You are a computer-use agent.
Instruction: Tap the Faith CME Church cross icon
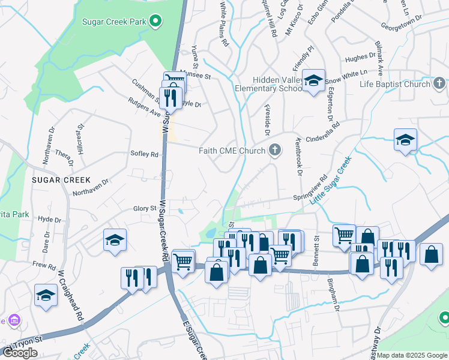pyautogui.click(x=275, y=150)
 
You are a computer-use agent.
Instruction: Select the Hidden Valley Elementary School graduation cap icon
pyautogui.click(x=313, y=81)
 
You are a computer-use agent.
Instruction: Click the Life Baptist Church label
pyautogui.click(x=394, y=85)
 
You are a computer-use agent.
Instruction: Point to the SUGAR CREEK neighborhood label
pyautogui.click(x=61, y=180)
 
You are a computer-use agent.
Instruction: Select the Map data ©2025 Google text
pyautogui.click(x=412, y=355)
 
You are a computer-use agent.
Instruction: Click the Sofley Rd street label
pyautogui.click(x=144, y=154)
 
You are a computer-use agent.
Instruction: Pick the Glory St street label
pyautogui.click(x=145, y=208)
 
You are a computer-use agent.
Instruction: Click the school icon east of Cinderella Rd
pyautogui.click(x=406, y=141)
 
